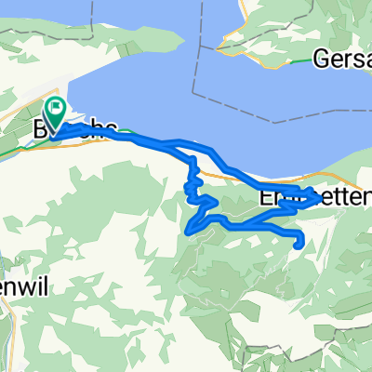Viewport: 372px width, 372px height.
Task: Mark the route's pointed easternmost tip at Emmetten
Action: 321,197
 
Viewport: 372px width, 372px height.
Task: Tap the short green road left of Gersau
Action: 298,62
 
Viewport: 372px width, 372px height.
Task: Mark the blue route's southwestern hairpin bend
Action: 193,229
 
